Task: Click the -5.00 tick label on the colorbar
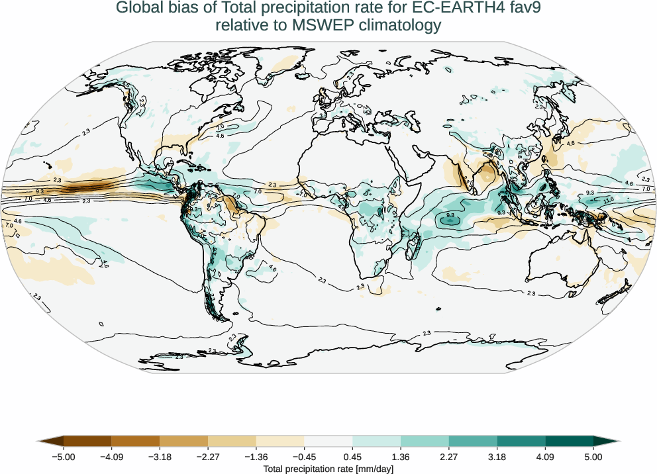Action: tap(64, 457)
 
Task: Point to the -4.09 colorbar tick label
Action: tap(112, 457)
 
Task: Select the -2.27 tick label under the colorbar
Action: tap(208, 457)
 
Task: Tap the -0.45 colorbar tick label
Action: tap(304, 457)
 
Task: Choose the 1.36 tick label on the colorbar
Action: tap(401, 457)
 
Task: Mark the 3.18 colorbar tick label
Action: tap(497, 457)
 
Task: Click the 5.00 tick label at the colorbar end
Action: tap(593, 457)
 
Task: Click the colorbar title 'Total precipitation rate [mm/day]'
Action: tap(328, 469)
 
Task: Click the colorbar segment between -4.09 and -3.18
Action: tap(136, 441)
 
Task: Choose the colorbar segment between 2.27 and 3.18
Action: tap(473, 441)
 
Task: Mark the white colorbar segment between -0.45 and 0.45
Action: tap(328, 441)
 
